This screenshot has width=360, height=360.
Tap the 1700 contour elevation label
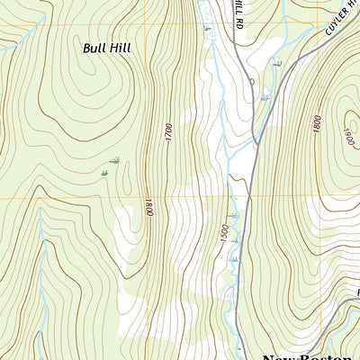(x=167, y=132)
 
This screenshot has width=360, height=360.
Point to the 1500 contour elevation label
(x=222, y=232)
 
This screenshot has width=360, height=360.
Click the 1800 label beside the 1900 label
(x=317, y=124)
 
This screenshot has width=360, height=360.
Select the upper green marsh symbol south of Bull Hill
(x=115, y=162)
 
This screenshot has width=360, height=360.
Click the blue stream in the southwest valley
(x=40, y=270)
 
